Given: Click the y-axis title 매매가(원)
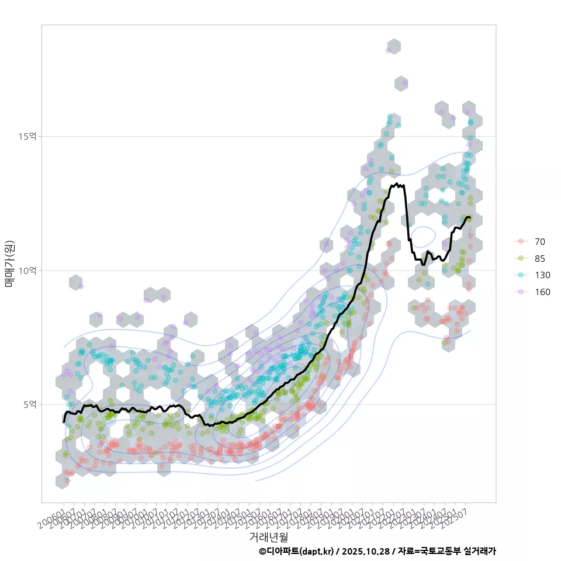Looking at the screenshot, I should pyautogui.click(x=10, y=263).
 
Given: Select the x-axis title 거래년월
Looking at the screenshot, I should pyautogui.click(x=269, y=536).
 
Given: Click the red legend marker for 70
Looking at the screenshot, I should pyautogui.click(x=520, y=241).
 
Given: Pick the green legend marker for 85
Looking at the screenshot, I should pyautogui.click(x=520, y=258).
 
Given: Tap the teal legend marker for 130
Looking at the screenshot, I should pyautogui.click(x=520, y=275).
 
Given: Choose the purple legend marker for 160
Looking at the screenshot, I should pyautogui.click(x=520, y=292).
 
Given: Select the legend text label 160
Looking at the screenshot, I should pyautogui.click(x=542, y=292).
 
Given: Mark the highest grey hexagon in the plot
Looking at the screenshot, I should pyautogui.click(x=394, y=47).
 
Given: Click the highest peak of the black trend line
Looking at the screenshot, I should pyautogui.click(x=397, y=183).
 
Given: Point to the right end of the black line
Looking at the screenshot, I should pyautogui.click(x=470, y=218).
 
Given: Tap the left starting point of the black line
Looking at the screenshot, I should pyautogui.click(x=64, y=422).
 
